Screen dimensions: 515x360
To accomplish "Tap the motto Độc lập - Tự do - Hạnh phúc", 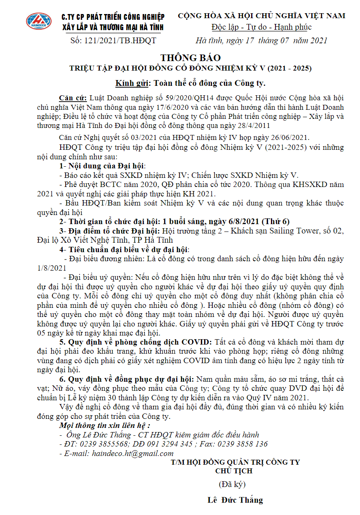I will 261,27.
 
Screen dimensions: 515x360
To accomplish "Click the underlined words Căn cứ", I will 73,98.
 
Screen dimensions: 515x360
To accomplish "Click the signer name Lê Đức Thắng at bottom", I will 235,500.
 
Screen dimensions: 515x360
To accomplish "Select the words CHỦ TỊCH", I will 234,470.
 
